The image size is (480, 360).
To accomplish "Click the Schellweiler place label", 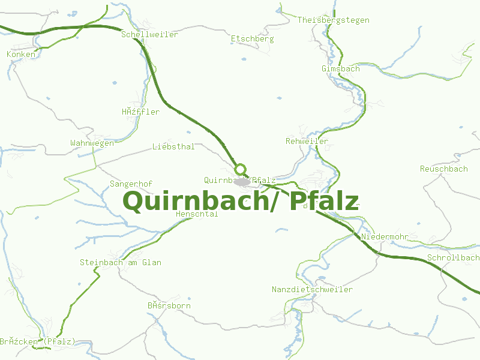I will pos(149,35).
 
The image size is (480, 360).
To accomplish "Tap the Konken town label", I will pos(21,55).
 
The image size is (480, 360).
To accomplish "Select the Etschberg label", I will pos(252,39).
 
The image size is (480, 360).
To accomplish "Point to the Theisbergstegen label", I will pos(333,20).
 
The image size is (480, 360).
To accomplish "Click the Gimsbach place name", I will pos(340,69).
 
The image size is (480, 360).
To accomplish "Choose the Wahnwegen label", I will pos(92,143).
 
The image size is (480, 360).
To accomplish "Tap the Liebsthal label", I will pos(173,146).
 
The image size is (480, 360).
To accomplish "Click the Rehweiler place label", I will pos(307,142).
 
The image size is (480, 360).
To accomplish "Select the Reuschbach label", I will pos(443,169).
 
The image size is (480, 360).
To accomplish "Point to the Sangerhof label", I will pos(131,184).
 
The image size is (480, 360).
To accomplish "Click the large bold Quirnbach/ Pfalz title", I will pos(240,202).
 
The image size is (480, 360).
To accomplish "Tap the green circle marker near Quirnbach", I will pos(241,169).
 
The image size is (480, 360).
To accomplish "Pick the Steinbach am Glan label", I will pos(120,263).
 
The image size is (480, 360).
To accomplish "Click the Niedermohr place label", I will pos(384,237).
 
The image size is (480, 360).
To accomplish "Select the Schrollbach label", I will pos(452,258).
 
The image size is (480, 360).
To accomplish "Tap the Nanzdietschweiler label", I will pos(312,290).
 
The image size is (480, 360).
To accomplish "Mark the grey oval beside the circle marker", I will pos(242,181).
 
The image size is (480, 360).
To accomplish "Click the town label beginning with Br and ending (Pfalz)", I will pos(37,342).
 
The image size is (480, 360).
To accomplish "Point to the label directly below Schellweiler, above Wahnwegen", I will pos(140,112).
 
